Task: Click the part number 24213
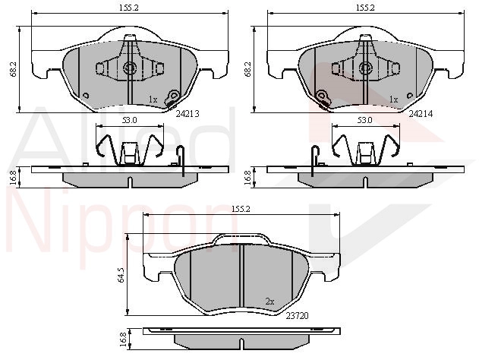tap(188, 114)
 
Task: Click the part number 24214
tap(421, 114)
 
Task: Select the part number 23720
tap(297, 315)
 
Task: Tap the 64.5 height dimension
tap(121, 274)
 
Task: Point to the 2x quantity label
tap(269, 302)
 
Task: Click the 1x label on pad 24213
tap(153, 99)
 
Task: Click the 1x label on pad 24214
tap(394, 99)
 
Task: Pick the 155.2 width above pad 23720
tap(241, 209)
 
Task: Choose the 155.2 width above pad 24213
tap(129, 8)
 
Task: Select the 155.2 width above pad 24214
tap(364, 8)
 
